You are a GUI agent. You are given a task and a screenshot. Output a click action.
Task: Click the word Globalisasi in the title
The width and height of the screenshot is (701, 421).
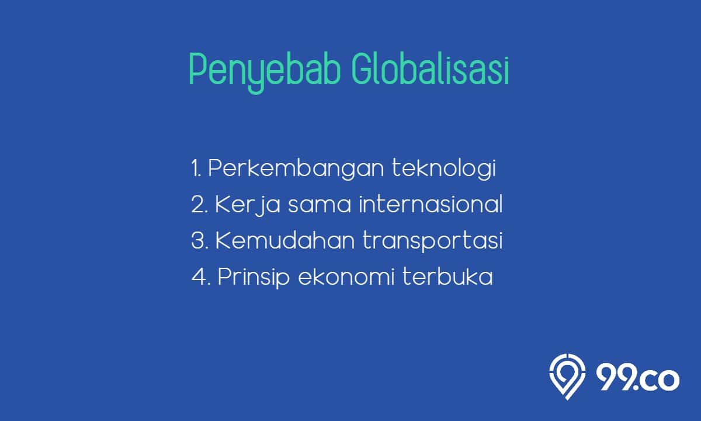click(430, 69)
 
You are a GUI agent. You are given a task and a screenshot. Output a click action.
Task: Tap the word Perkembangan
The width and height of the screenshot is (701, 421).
click(296, 169)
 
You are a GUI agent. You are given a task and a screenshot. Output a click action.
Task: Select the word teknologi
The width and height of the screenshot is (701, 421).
click(444, 168)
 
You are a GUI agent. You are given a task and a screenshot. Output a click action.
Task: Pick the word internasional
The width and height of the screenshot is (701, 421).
click(431, 204)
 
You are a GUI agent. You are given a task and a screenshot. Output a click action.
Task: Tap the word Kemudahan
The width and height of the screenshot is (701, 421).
click(285, 240)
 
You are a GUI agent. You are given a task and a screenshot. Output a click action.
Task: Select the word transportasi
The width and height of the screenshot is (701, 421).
click(432, 241)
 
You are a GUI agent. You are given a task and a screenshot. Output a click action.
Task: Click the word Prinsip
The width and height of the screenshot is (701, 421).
click(254, 277)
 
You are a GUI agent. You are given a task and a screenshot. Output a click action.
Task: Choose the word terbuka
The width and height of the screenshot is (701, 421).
click(447, 277)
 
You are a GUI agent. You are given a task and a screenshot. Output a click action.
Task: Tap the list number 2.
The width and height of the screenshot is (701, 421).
click(199, 205)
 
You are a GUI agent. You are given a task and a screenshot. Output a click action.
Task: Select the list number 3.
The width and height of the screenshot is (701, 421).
click(199, 240)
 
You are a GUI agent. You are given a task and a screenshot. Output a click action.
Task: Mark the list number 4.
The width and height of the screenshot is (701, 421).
click(200, 277)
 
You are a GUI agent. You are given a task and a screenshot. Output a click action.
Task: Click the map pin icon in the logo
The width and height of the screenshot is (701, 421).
click(567, 377)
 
